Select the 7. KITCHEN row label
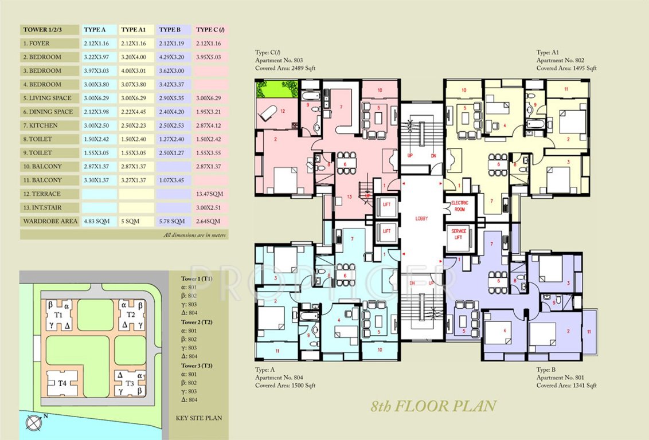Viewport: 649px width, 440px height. click(x=38, y=125)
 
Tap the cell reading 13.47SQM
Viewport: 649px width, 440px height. click(x=209, y=194)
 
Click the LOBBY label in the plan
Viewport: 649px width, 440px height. click(x=422, y=219)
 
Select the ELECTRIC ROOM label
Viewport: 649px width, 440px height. click(x=460, y=206)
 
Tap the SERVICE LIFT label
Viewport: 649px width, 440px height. click(x=459, y=235)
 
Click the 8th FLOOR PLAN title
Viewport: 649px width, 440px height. click(x=433, y=407)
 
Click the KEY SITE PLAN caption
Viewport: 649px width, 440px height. click(x=198, y=418)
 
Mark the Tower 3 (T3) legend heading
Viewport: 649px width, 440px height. click(x=197, y=366)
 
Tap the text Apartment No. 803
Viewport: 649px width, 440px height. click(x=279, y=60)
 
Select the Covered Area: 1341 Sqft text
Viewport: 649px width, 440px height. click(x=566, y=386)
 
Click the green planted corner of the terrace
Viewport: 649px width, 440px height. click(x=271, y=89)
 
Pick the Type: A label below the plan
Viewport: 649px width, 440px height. click(x=267, y=370)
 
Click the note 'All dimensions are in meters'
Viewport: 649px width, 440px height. click(x=194, y=235)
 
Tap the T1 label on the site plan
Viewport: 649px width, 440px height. click(x=58, y=316)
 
